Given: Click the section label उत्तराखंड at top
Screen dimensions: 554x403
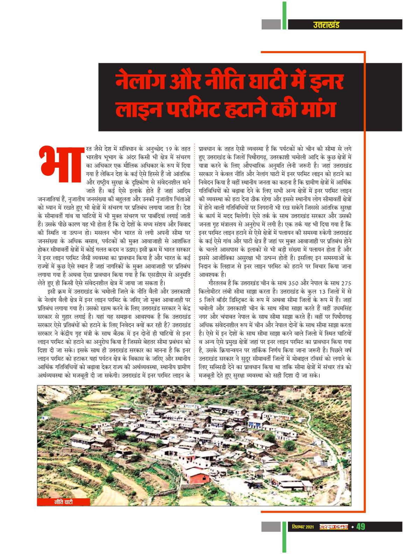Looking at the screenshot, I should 326,24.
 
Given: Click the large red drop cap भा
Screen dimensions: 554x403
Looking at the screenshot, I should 59,164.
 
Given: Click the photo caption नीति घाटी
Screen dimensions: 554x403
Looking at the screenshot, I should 64,502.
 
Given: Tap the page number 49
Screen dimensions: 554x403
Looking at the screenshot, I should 361,526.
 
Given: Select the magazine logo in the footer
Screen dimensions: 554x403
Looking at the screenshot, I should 334,527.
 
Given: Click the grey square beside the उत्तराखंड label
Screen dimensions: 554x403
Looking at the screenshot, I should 271,24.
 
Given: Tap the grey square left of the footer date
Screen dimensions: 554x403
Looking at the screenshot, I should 271,527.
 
